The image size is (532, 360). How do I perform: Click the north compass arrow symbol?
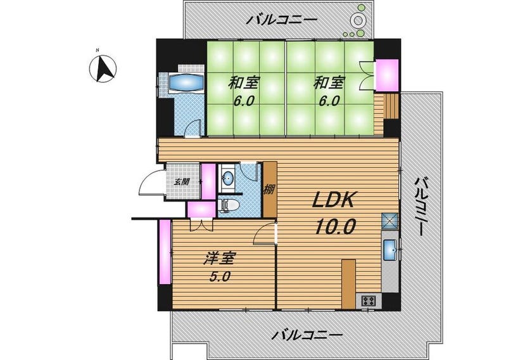click(103, 68)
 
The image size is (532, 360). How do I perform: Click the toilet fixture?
click(231, 205)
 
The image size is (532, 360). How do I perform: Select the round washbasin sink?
click(227, 177)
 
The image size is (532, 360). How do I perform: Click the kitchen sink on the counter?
click(390, 250)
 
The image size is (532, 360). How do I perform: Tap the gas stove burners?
click(369, 300)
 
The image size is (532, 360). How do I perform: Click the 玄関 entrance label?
click(182, 182)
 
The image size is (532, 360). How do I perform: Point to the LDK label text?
click(334, 200)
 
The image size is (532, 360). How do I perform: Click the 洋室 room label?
click(219, 259)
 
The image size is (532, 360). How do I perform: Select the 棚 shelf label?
click(269, 189)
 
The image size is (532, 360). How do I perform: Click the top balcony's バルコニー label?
click(282, 20)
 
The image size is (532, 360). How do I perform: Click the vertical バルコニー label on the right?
click(419, 206)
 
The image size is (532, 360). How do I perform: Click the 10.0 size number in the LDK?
click(336, 227)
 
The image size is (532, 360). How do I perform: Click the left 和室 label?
click(244, 83)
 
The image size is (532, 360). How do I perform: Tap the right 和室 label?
click(329, 83)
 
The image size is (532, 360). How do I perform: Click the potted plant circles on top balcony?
click(355, 21)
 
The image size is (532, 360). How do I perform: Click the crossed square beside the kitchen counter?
click(390, 221)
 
